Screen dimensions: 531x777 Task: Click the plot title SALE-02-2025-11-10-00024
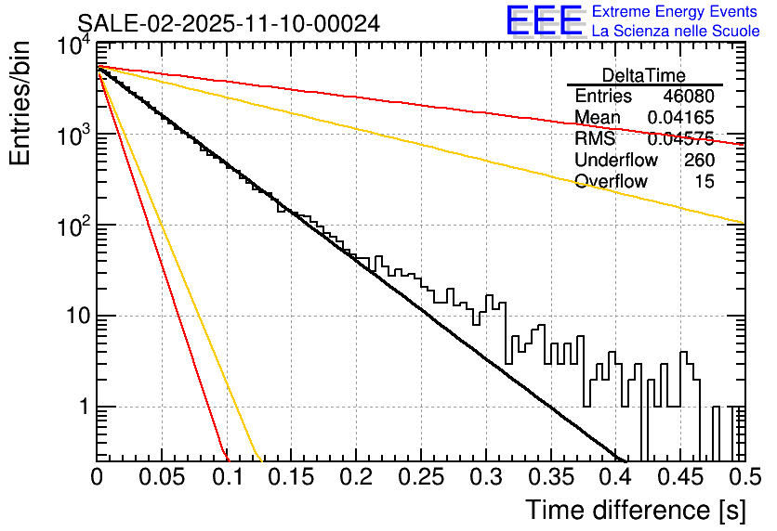pos(228,24)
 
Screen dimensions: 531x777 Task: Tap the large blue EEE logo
pos(544,21)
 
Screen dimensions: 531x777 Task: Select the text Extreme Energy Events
pos(675,12)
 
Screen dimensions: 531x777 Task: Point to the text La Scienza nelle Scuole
pos(675,32)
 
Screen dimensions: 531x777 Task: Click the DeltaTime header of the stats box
pos(644,75)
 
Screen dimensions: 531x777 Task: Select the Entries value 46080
pos(689,97)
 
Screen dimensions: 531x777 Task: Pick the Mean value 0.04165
pos(681,118)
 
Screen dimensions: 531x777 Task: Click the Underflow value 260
pos(699,161)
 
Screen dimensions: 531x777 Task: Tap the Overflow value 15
pos(705,182)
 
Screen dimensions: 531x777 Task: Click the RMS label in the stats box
pos(594,139)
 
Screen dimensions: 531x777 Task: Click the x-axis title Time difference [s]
pos(635,510)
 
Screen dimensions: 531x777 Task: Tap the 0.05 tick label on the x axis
pos(162,477)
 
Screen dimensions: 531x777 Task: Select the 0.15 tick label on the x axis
pos(291,477)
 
